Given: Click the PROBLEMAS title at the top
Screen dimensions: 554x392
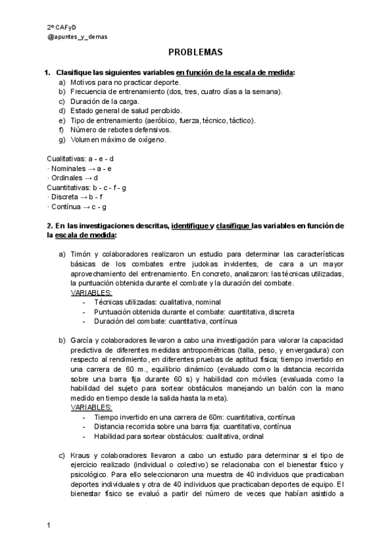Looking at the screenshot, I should pyautogui.click(x=196, y=52).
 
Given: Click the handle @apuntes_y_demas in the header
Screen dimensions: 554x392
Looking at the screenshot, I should pyautogui.click(x=78, y=37).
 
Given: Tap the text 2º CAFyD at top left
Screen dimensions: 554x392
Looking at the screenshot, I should pyautogui.click(x=63, y=27).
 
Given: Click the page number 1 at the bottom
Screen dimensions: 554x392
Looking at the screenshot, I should pyautogui.click(x=49, y=525).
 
